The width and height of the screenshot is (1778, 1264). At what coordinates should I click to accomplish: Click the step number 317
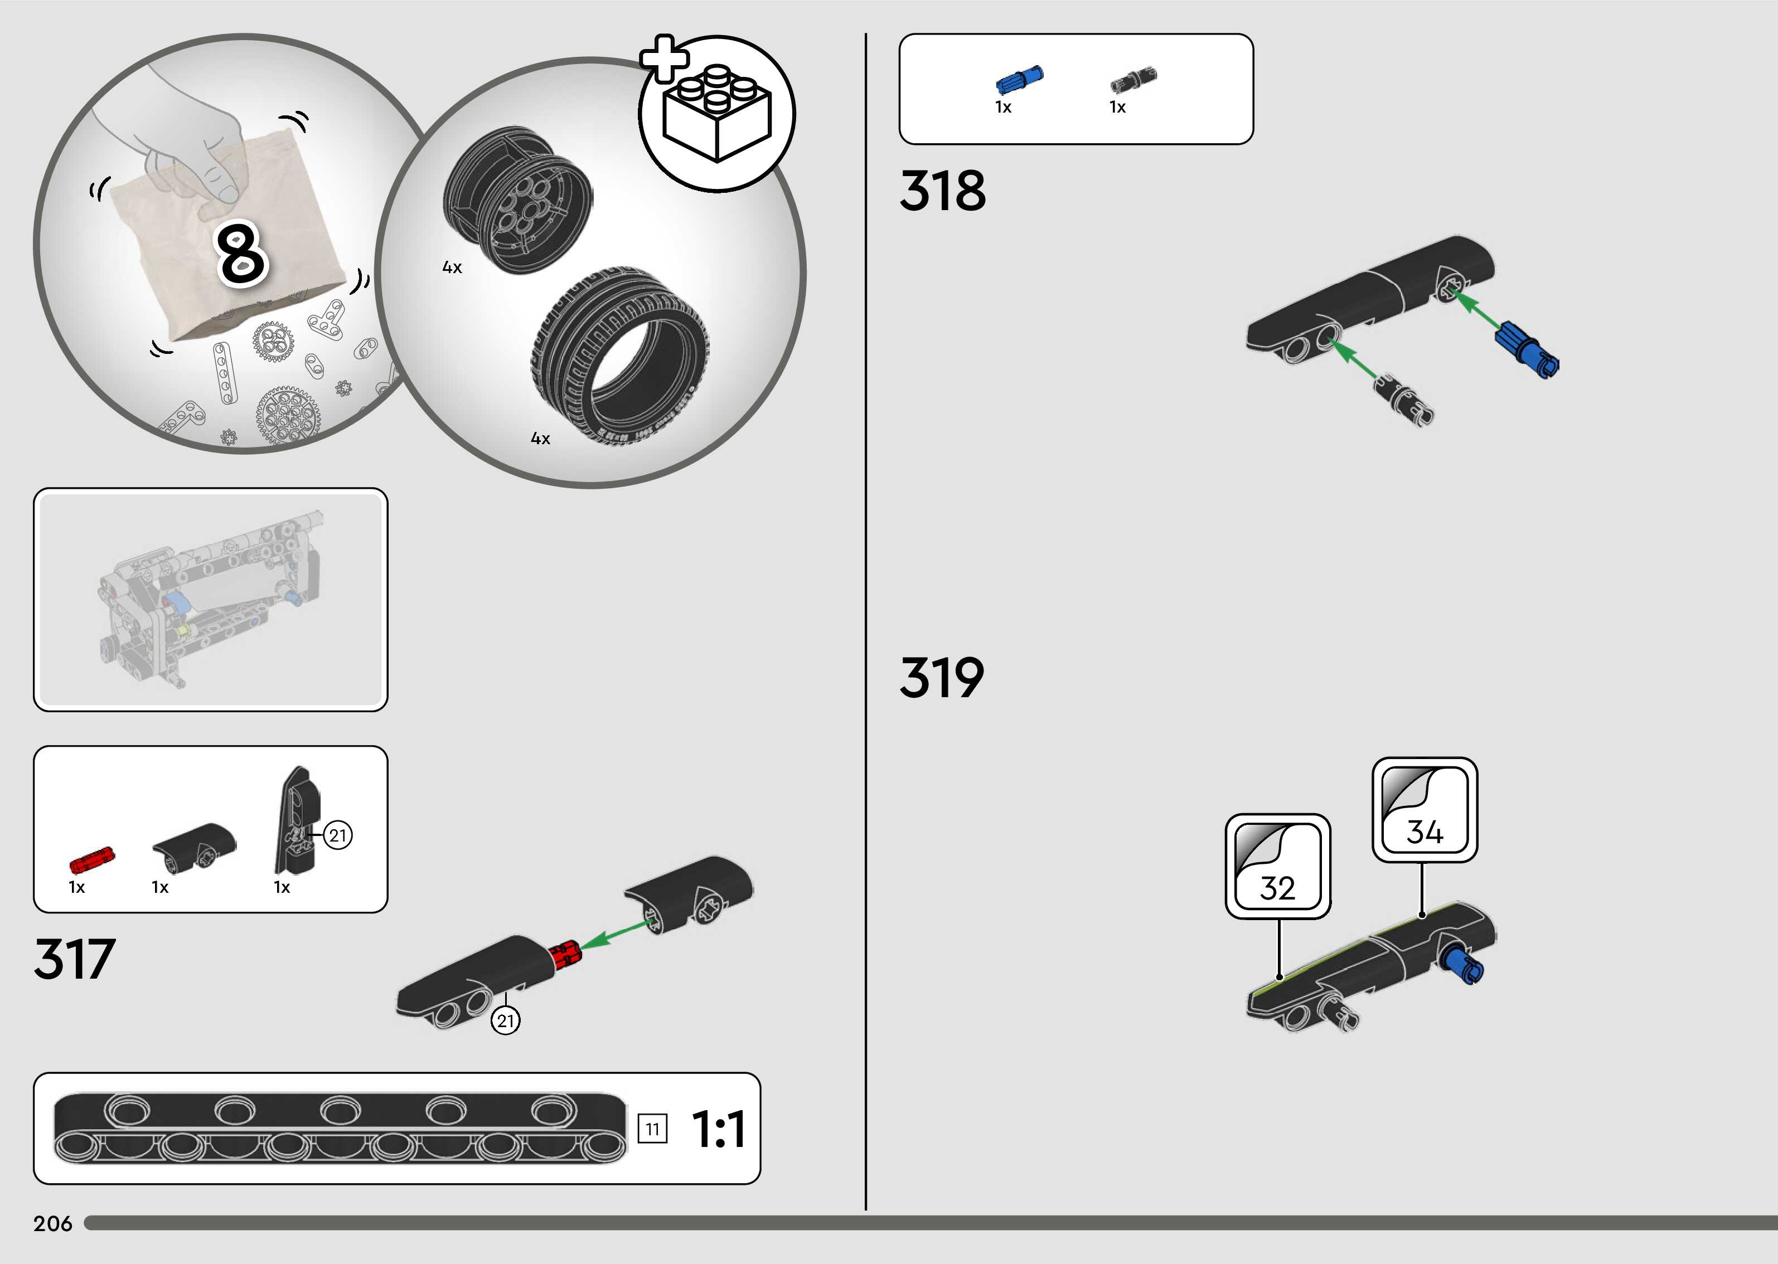tap(75, 959)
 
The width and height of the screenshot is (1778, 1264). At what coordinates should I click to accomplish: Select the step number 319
tap(942, 677)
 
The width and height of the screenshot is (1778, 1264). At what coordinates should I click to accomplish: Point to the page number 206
tap(52, 1223)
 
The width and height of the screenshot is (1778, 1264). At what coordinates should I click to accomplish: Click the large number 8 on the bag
tap(240, 253)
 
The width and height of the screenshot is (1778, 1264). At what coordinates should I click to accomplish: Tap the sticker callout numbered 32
tap(1277, 866)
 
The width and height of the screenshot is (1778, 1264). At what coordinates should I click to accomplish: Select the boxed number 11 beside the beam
tap(652, 1129)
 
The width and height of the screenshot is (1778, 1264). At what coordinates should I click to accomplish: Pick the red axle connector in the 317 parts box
tap(92, 860)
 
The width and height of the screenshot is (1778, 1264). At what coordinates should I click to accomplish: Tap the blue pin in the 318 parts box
tap(1019, 79)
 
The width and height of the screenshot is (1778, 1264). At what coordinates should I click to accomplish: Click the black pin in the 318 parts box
tap(1133, 79)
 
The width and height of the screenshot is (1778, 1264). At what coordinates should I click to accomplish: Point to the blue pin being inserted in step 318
tap(1527, 351)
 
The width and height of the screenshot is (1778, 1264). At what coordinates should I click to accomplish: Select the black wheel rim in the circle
tap(517, 201)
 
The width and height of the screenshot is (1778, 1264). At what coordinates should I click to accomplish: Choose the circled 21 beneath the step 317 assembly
tap(505, 1020)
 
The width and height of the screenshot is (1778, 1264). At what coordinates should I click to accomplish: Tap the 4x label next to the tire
tap(540, 438)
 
